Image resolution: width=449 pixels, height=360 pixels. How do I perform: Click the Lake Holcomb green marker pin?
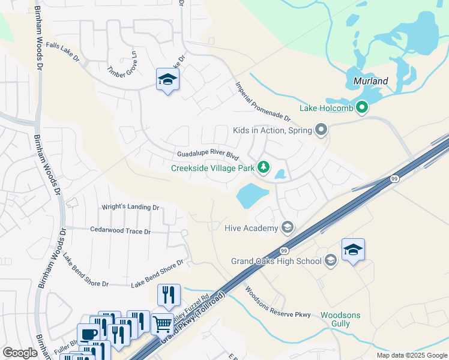point(361,108)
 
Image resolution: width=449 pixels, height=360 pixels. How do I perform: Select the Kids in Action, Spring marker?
point(321,130)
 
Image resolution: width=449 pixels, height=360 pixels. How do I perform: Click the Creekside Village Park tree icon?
point(263,168)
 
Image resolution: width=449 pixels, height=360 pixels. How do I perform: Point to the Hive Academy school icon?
point(288,227)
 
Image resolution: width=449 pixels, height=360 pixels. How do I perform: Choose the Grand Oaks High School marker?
point(330,260)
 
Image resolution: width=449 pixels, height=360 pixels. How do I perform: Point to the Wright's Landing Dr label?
point(130,208)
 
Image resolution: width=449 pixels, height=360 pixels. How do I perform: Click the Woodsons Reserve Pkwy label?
point(277,304)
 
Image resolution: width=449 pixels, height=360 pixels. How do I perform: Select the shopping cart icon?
point(162,324)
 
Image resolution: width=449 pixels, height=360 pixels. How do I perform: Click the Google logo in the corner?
point(20,353)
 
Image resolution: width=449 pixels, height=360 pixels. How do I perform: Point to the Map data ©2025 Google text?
point(412,355)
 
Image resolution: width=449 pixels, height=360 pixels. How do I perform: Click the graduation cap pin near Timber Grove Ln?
point(167,79)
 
